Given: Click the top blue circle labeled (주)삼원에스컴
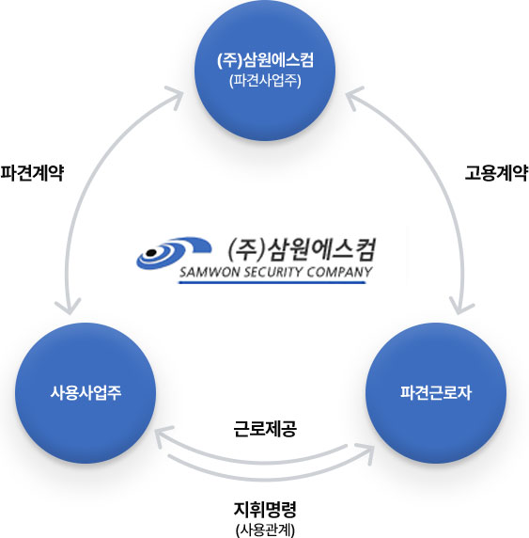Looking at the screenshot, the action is coord(265,71).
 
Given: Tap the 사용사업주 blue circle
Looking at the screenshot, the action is coord(86,393).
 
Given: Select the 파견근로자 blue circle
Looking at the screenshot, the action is coord(436,393).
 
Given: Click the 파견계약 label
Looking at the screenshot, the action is coord(32,172).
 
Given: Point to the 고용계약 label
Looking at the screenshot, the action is coord(496,172).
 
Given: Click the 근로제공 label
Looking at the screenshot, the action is coord(265,429).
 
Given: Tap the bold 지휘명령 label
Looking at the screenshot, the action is coord(265,510).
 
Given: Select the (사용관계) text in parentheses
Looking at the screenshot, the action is coord(265,530).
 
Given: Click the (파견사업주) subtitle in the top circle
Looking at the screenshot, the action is coord(265,81).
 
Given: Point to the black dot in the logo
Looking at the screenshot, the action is coord(151,253).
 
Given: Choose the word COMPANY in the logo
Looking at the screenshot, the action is coord(339,272).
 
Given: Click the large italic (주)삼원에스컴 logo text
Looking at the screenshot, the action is coord(302,249).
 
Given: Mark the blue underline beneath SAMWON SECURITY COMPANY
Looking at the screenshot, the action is coord(272,282).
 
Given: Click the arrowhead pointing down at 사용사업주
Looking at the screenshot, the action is coord(69,307).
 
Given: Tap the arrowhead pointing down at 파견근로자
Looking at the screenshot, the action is coord(461,307).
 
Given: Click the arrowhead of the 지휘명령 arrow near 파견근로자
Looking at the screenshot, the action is coord(366,452).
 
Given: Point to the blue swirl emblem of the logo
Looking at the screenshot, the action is coord(174,253).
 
